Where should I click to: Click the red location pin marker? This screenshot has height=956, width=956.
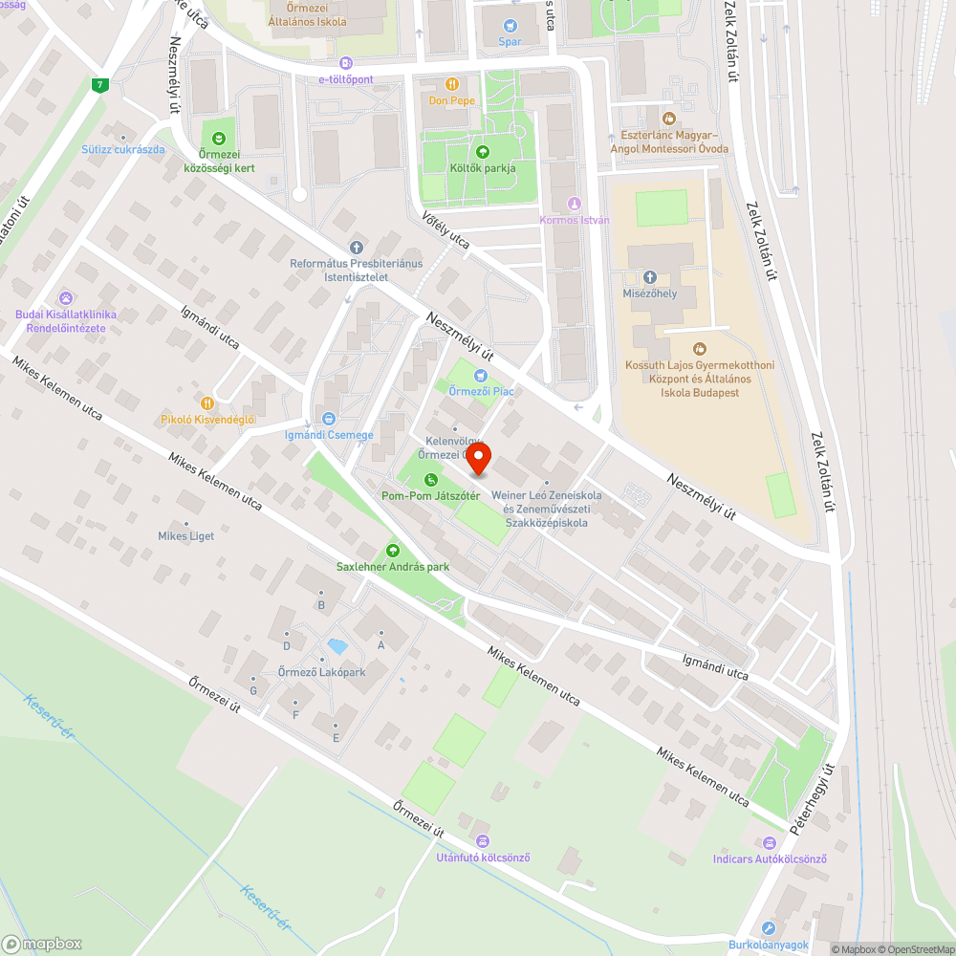477,459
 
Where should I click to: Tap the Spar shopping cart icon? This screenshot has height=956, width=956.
509,26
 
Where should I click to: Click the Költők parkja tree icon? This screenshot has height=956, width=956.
482,151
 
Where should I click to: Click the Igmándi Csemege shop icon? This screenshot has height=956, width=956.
328,419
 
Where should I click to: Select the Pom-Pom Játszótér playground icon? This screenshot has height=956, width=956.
430,479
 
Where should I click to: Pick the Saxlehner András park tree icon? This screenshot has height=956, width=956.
392,550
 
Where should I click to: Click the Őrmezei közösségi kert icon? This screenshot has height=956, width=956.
219,137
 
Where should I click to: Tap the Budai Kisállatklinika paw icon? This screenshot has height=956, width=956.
66,298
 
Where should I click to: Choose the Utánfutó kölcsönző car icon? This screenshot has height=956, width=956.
483,840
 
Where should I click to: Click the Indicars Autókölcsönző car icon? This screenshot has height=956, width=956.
770,842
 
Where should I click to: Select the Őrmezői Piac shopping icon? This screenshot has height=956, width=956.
482,375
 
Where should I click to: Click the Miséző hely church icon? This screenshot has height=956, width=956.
650,277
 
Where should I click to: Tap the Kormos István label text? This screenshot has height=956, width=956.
575,220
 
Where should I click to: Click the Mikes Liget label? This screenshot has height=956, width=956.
185,536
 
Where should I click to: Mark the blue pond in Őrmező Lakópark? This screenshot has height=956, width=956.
337,646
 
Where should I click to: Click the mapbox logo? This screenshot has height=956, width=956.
42,944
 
